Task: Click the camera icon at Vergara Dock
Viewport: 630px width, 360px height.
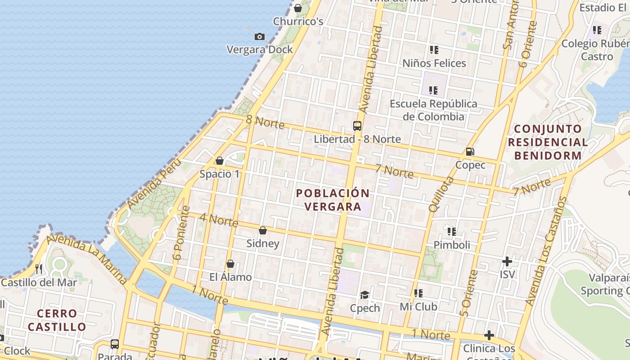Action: [260, 37]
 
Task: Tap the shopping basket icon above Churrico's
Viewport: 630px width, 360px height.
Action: [297, 8]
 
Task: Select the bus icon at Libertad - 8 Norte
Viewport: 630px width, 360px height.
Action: [357, 126]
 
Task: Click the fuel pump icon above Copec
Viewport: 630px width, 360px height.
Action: [470, 152]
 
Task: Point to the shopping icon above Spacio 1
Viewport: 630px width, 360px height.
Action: [220, 161]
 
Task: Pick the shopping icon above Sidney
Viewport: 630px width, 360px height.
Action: [263, 230]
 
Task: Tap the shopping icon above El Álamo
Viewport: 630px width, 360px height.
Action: [230, 264]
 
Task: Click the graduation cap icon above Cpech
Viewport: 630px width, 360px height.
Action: [364, 295]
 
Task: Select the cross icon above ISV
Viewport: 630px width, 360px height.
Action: [507, 261]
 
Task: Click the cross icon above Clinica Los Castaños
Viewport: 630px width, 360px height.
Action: [489, 335]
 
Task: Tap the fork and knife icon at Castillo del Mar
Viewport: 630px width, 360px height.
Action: [39, 269]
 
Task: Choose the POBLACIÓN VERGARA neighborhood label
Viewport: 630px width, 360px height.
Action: [333, 200]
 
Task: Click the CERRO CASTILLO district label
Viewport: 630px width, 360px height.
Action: [57, 320]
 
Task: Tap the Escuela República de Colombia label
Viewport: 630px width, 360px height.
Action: [433, 110]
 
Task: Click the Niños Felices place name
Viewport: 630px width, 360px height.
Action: [434, 63]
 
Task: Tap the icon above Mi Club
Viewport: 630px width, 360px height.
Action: [418, 293]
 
